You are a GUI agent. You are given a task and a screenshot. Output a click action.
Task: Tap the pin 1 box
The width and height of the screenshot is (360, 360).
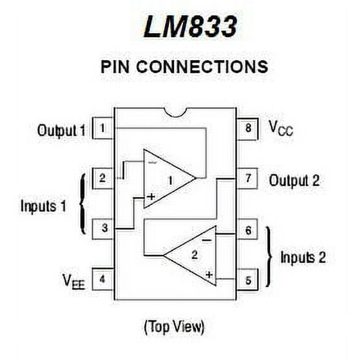(x=103, y=128)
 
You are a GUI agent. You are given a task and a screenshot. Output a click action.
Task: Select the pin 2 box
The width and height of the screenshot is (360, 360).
(x=103, y=178)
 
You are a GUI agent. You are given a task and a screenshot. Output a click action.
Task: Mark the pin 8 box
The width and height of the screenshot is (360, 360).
(x=247, y=128)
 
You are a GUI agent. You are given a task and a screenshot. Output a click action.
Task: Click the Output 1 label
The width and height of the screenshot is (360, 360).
(x=61, y=130)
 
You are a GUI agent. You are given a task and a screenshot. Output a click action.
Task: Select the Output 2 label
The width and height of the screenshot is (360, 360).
(x=294, y=180)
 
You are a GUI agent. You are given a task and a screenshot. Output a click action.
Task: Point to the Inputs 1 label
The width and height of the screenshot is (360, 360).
(x=43, y=206)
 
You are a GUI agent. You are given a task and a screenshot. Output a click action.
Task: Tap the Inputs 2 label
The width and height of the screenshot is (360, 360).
(x=303, y=257)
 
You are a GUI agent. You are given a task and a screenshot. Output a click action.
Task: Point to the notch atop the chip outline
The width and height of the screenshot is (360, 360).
(x=176, y=112)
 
